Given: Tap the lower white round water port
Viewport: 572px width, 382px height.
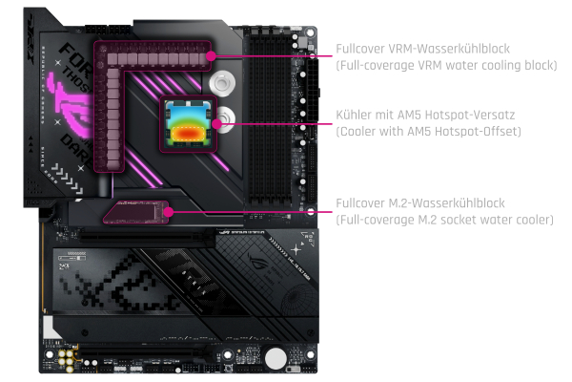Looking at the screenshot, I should pyautogui.click(x=221, y=122).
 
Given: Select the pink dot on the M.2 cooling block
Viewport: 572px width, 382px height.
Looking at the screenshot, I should pyautogui.click(x=170, y=211).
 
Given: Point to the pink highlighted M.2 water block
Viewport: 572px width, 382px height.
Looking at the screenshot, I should pyautogui.click(x=138, y=211).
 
